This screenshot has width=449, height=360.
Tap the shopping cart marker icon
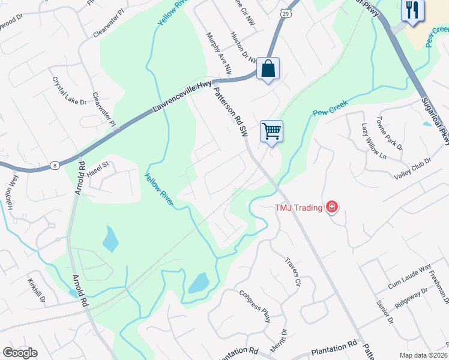pos(271,131)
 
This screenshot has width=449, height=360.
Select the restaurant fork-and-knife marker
pos(412,10)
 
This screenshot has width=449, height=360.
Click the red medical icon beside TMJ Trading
pos(331,208)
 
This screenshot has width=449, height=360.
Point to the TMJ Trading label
pos(299,208)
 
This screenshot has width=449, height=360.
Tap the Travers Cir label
pos(292,273)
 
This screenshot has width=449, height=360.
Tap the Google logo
pos(20,353)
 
